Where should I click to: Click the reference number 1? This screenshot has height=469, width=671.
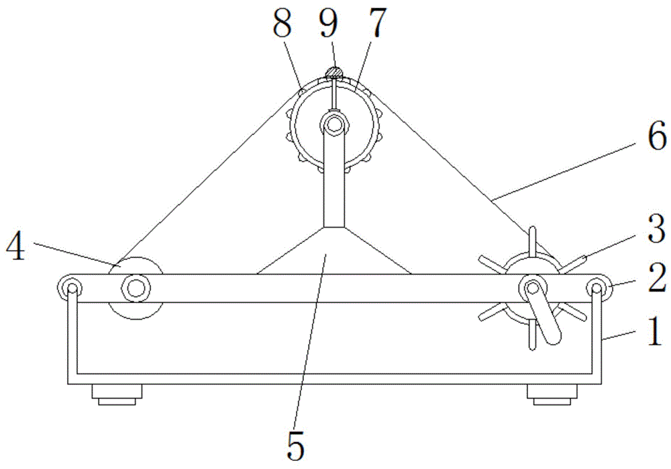(654, 333)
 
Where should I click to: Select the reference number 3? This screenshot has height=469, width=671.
(656, 229)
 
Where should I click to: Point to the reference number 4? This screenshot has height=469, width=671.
(15, 246)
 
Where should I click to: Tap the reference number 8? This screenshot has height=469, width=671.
(282, 22)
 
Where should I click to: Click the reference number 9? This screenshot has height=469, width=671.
(329, 22)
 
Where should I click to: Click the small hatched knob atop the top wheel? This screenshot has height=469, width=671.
(333, 73)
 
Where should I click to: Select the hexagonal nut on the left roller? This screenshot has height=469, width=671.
(136, 288)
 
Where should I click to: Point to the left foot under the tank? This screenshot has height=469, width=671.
(117, 394)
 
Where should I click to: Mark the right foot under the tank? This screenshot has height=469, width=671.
(552, 394)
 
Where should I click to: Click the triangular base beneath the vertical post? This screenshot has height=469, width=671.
(333, 251)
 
